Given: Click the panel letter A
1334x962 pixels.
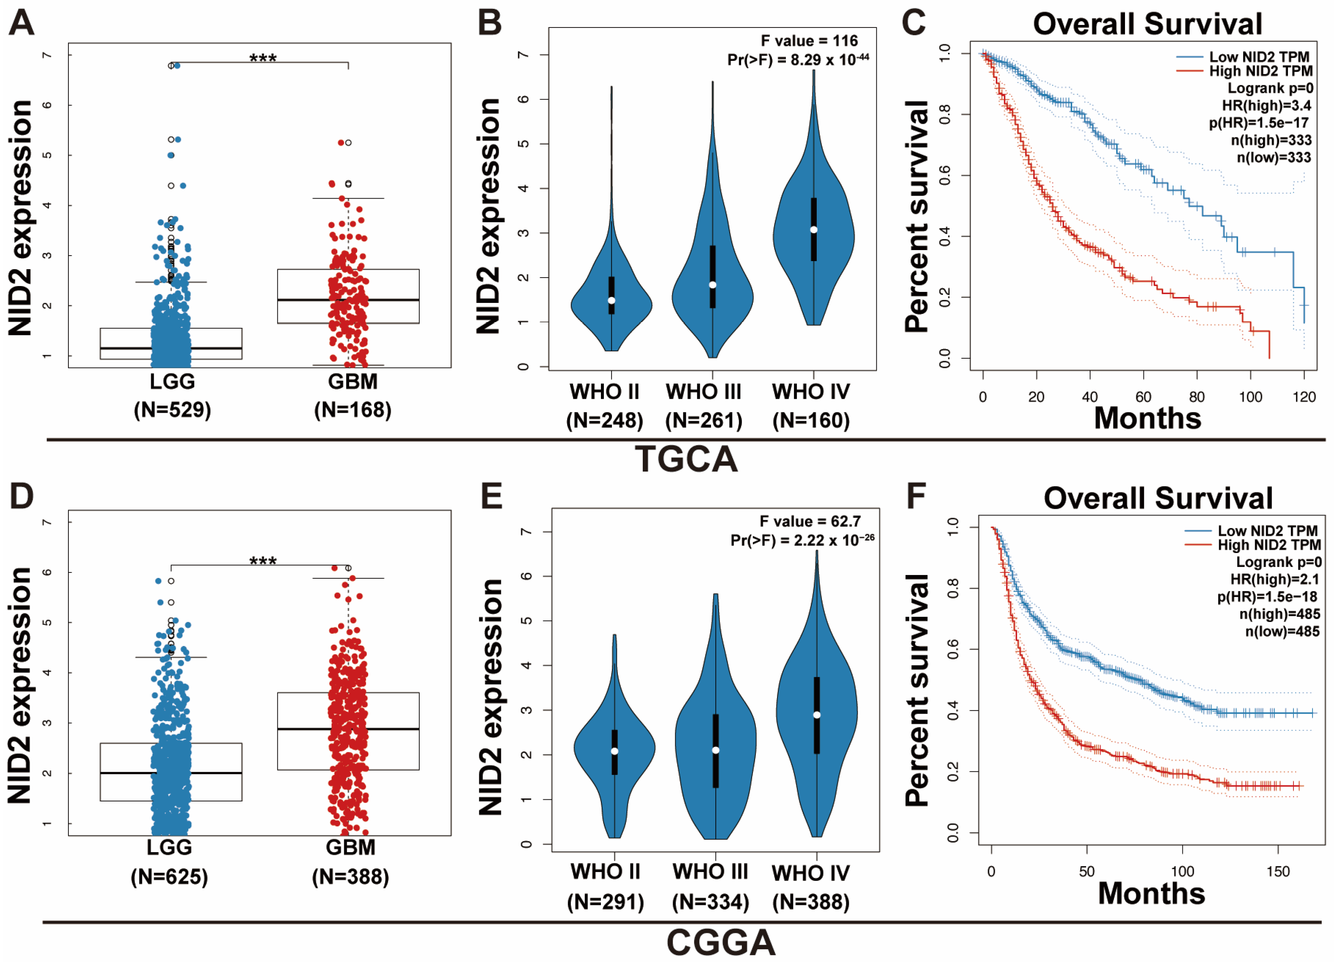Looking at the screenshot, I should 21,24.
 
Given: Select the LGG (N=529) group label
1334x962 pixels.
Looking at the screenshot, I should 172,395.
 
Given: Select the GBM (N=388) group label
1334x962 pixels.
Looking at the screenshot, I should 350,862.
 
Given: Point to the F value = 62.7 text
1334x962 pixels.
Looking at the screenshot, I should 810,521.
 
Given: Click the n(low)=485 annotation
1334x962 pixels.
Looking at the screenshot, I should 1282,631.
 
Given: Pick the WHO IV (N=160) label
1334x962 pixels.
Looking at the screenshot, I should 811,406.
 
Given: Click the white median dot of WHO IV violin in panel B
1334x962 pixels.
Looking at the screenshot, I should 813,229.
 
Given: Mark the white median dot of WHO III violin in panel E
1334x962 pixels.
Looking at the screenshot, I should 715,750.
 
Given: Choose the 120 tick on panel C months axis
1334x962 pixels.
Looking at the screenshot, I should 1304,397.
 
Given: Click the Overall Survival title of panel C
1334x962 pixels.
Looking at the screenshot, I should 1147,25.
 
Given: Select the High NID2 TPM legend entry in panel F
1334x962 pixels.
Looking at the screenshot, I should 1269,545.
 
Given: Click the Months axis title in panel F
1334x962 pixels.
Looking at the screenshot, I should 1151,893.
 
